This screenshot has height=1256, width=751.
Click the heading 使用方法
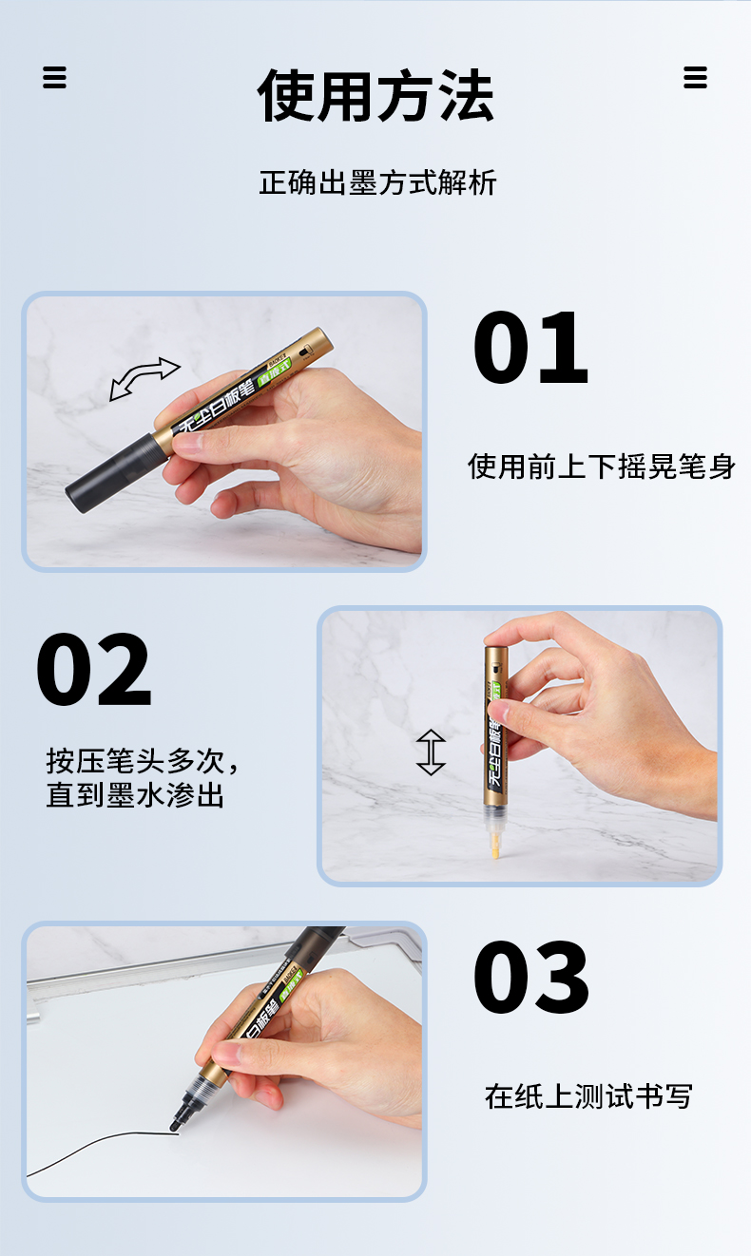point(375,97)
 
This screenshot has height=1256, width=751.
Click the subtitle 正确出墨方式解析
point(377,182)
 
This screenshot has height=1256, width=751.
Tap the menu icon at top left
point(55,77)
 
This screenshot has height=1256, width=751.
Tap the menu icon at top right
point(696,77)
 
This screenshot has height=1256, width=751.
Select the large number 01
point(530,349)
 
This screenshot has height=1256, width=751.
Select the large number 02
point(93,670)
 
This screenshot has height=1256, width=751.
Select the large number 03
point(530,979)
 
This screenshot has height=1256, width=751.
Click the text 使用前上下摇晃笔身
point(601,466)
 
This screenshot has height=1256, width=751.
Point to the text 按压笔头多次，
point(143,761)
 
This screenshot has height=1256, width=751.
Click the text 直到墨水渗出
point(135,795)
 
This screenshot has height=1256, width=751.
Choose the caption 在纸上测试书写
point(587,1096)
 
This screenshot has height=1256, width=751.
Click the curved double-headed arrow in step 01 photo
point(144,378)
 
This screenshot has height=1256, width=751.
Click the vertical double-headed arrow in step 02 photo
point(431,752)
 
